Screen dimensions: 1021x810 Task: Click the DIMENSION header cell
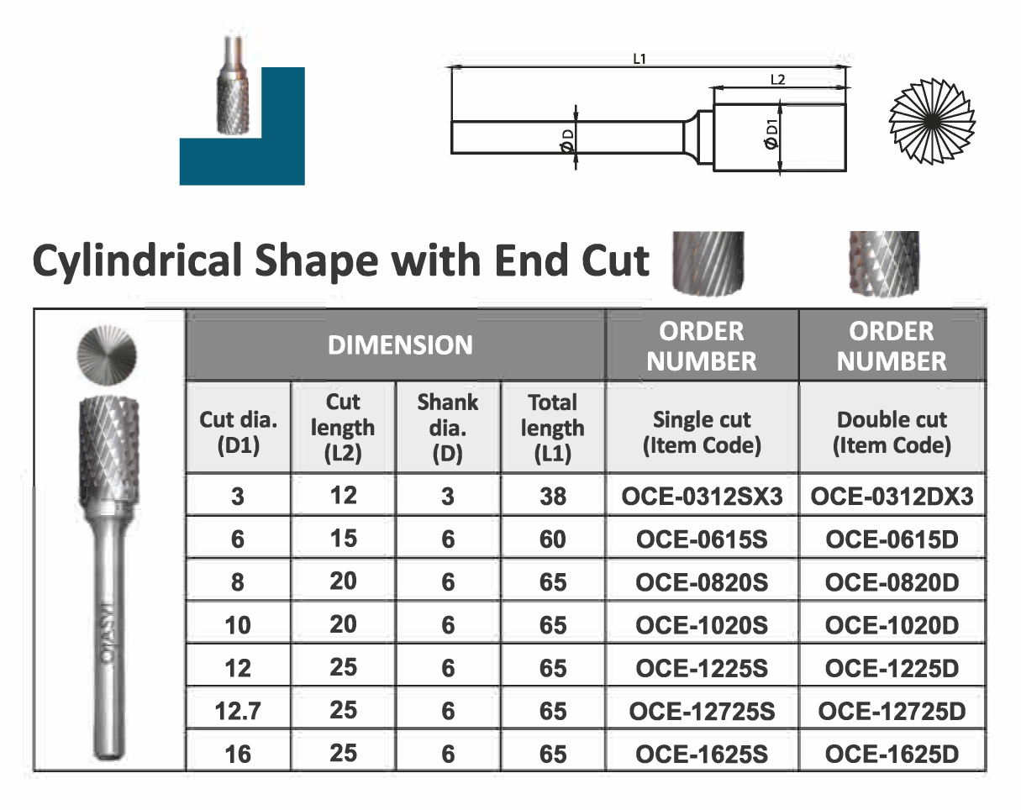coord(400,345)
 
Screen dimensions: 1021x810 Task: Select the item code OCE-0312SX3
coord(702,497)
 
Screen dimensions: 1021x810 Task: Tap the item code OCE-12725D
coord(892,711)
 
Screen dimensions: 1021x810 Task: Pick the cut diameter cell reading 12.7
coord(238,711)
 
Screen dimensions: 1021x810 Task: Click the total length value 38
coord(553,497)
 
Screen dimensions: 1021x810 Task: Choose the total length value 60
coord(553,539)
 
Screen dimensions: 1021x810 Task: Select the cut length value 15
coord(343,538)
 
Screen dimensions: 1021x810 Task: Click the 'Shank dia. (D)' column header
coord(447,428)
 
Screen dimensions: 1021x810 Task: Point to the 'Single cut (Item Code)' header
coord(702,432)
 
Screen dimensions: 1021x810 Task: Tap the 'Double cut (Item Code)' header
coord(892,432)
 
